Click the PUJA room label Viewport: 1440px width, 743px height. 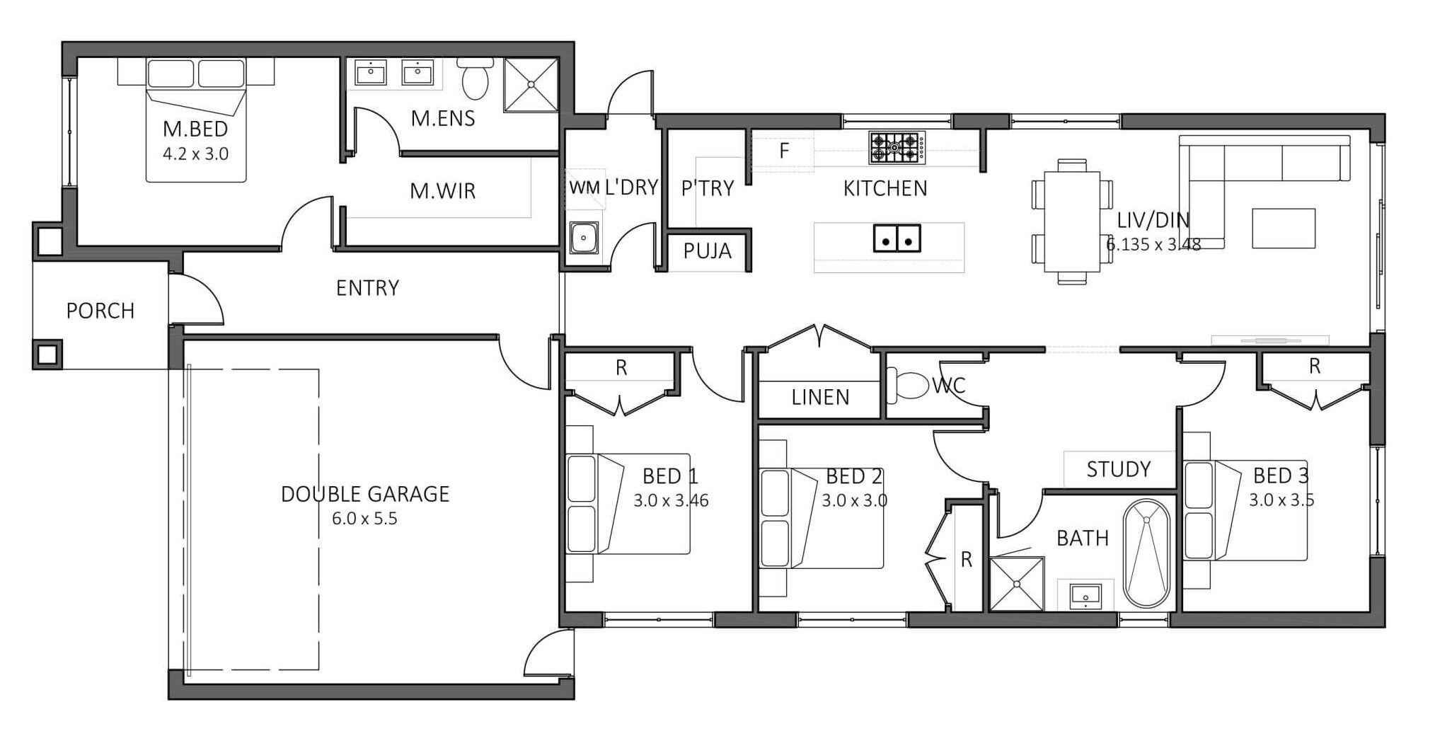click(707, 251)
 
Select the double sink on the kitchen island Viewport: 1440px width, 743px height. click(897, 238)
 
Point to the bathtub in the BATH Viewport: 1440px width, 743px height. click(1146, 553)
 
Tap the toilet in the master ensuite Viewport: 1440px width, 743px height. click(475, 78)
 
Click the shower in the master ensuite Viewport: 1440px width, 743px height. click(531, 85)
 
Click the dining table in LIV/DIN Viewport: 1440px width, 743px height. click(1071, 221)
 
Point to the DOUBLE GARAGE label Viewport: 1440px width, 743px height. click(365, 494)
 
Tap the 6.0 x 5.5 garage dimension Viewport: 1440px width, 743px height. click(364, 519)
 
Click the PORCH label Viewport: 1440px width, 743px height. click(100, 311)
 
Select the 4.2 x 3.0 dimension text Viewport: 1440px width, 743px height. click(195, 154)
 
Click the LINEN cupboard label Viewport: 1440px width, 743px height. click(820, 397)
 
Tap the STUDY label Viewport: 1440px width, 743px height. click(1118, 469)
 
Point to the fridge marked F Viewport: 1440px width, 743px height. click(783, 151)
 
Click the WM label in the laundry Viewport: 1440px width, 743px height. click(584, 188)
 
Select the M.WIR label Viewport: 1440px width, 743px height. click(443, 191)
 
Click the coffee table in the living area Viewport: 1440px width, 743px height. click(1283, 228)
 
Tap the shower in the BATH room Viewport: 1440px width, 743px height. click(1017, 584)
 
